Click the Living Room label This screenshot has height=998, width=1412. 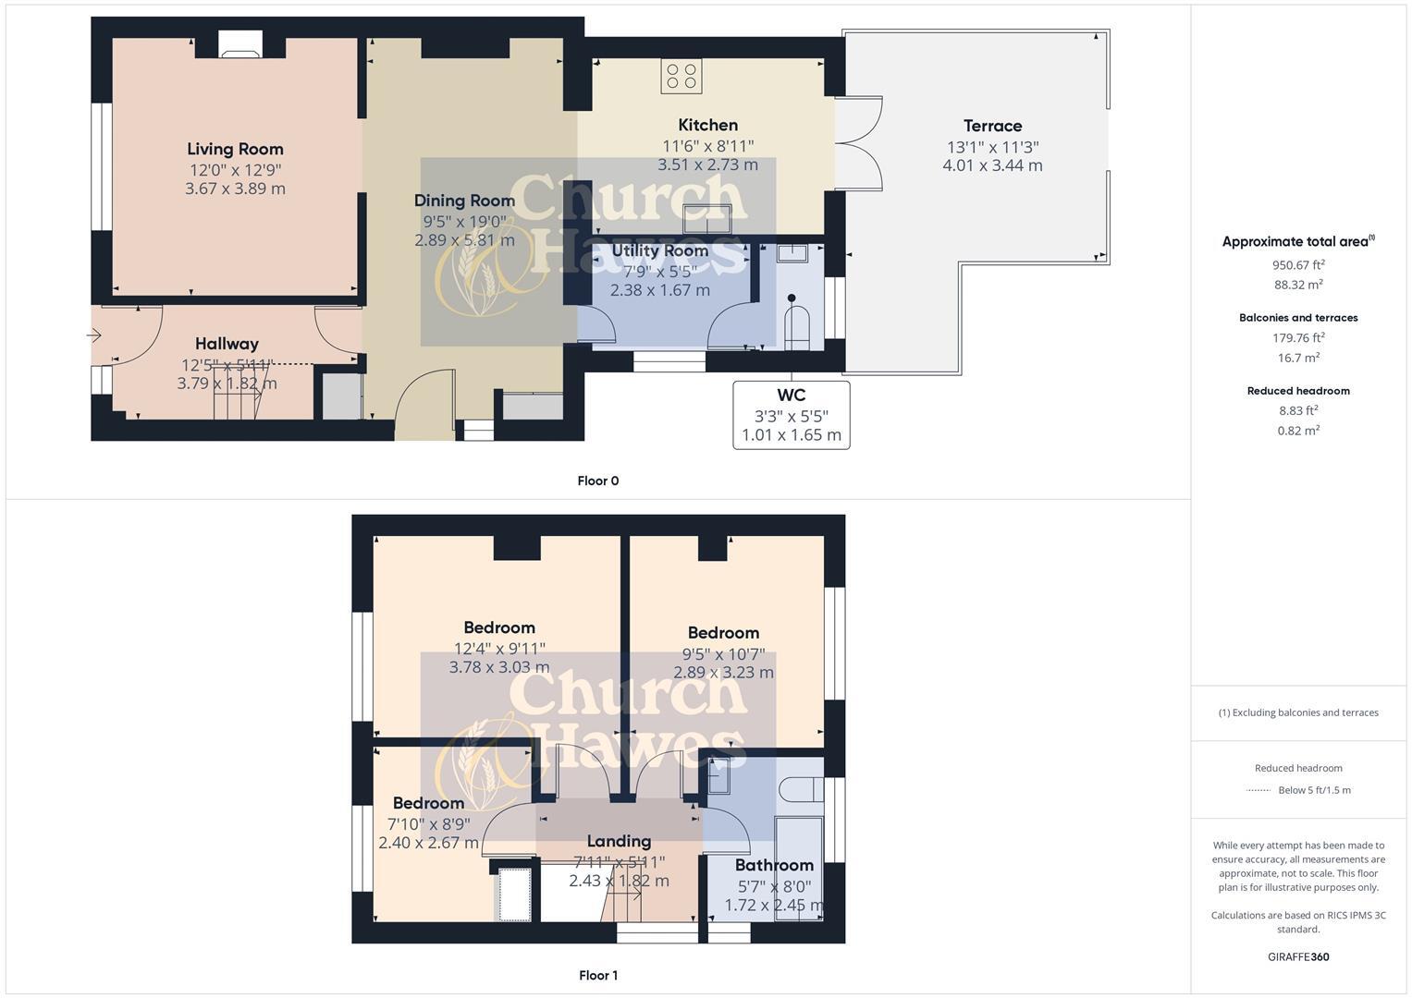point(235,149)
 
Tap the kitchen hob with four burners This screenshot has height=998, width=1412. point(681,76)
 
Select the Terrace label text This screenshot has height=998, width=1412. point(992,126)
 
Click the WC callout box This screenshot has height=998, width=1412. point(791,415)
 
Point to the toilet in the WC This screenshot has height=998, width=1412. point(796,325)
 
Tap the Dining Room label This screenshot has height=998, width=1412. point(464,201)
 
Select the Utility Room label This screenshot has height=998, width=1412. point(659,250)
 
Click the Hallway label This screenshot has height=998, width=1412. point(227,344)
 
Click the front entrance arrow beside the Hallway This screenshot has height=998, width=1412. point(94,335)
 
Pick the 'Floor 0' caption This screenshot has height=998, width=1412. point(597,481)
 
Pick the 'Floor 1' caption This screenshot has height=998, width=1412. point(597,975)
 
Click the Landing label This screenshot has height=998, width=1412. point(619,841)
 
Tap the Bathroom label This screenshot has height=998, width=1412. point(774,865)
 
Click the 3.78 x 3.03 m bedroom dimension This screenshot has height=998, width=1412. point(499,667)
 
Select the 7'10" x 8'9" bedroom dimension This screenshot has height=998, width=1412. point(428,823)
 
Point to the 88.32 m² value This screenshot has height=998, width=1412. point(1297,285)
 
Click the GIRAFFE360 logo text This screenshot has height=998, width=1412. point(1297,956)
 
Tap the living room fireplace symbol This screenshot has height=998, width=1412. point(239,45)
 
